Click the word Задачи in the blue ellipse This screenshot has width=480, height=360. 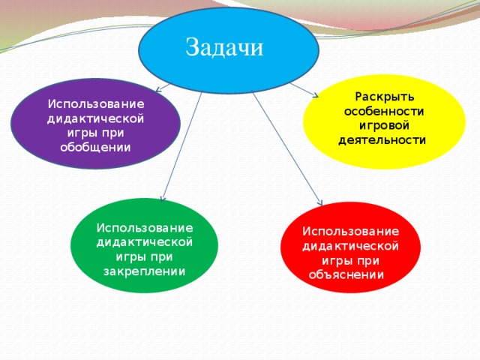tap(224, 47)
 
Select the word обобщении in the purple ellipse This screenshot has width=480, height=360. tap(95, 147)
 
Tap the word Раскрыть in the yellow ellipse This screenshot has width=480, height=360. tap(385, 97)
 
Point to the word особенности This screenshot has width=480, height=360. tap(384, 111)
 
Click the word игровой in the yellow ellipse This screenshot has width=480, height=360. tap(384, 125)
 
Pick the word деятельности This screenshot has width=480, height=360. tap(382, 140)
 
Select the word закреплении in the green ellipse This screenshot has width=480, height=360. tap(144, 271)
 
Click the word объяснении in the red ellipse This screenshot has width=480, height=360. tap(346, 274)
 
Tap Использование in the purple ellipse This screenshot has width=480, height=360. tap(96, 103)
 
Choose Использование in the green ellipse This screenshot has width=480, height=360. tap(145, 228)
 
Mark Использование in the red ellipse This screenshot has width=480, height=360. tap(351, 231)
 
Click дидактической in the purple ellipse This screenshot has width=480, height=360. tap(95, 118)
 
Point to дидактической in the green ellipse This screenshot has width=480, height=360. tap(145, 242)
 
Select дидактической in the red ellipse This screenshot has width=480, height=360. tap(350, 246)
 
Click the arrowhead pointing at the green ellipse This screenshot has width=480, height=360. tap(163, 199)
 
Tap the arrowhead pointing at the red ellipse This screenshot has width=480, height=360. tap(320, 202)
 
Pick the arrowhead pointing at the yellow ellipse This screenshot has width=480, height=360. tap(315, 95)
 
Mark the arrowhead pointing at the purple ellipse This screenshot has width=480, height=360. tap(158, 90)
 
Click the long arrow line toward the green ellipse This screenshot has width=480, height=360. tap(182, 147)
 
